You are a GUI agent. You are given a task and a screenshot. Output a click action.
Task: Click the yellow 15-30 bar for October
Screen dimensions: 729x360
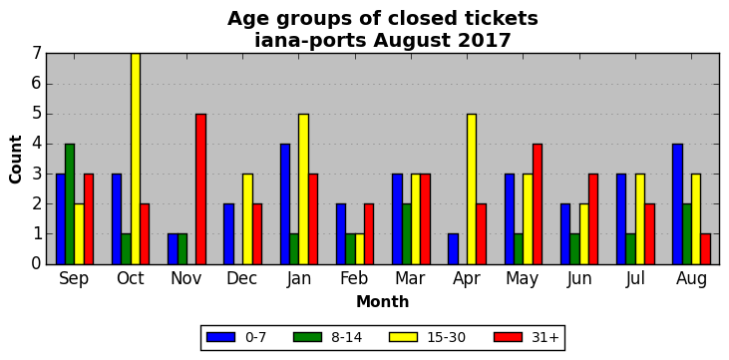136,159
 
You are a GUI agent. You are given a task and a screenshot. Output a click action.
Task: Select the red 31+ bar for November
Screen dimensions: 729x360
200,188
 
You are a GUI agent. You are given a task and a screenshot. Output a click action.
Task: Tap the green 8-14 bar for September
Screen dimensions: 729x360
70,204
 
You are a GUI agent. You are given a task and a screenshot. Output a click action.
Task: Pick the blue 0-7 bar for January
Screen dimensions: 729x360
285,204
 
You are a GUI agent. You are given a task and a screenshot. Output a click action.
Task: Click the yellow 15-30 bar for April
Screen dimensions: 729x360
472,188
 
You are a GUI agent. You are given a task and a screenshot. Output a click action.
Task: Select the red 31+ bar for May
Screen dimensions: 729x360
537,204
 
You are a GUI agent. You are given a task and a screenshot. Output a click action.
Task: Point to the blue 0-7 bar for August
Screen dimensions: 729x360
677,204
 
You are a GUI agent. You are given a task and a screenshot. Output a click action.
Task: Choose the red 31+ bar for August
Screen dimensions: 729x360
705,249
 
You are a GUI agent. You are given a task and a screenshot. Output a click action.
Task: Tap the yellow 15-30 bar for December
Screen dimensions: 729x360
247,219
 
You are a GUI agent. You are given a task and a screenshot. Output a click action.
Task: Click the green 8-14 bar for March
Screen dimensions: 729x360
406,234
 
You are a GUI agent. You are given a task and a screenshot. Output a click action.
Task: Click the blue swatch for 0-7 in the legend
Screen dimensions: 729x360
220,337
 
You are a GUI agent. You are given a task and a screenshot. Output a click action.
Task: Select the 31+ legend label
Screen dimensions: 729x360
545,338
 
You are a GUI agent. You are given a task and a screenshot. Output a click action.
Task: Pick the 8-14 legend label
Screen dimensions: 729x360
346,338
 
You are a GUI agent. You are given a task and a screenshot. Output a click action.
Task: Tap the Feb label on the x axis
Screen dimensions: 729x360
354,278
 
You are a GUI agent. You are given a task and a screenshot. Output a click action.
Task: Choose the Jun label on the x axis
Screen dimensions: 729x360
578,279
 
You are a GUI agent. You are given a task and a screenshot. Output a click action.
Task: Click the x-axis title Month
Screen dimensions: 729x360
383,302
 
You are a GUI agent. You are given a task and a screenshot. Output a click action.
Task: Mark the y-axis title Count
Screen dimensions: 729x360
15,160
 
